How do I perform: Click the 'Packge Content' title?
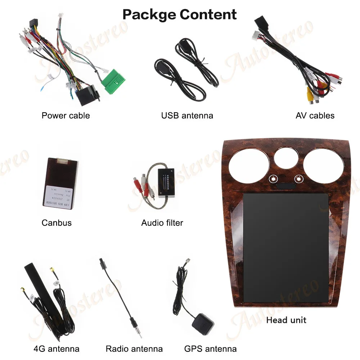[180, 14]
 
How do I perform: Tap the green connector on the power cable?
[113, 80]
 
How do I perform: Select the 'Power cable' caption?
[66, 116]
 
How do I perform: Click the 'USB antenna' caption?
[187, 116]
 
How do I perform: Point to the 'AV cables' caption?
[315, 116]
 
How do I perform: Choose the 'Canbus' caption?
[57, 223]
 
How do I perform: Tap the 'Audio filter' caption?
[162, 223]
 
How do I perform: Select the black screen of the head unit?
[286, 247]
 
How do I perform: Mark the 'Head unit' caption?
[286, 320]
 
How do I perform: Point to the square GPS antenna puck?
[203, 323]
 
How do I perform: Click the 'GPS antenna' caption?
[210, 349]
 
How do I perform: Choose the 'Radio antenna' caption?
[134, 349]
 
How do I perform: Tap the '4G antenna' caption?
[56, 349]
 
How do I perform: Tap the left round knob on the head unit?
[273, 179]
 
